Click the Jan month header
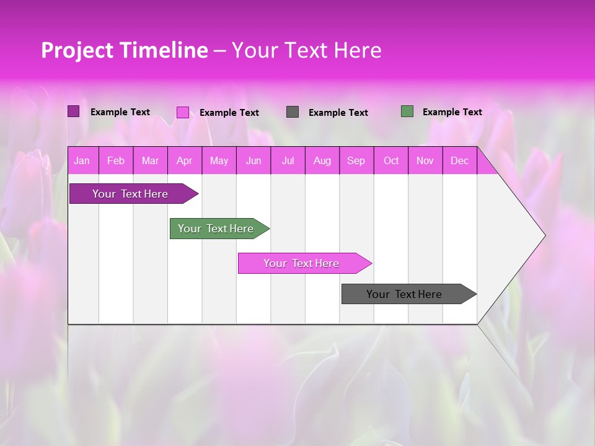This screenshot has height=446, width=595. [x=82, y=161]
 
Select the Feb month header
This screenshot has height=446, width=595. [x=116, y=161]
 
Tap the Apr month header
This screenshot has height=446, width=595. [x=185, y=161]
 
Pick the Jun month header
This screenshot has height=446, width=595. [x=253, y=161]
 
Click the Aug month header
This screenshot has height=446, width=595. [x=322, y=161]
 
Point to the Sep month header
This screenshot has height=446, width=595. [x=356, y=161]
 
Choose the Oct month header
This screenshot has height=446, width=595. [x=391, y=161]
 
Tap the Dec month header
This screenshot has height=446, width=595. [x=460, y=161]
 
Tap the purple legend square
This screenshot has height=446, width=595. [x=73, y=111]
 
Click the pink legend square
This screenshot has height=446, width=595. [x=182, y=112]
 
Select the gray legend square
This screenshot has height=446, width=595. [x=293, y=111]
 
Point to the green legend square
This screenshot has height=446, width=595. [x=407, y=111]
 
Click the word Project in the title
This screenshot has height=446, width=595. [x=77, y=50]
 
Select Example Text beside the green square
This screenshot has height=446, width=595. [x=452, y=112]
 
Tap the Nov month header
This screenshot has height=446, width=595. [x=425, y=161]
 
